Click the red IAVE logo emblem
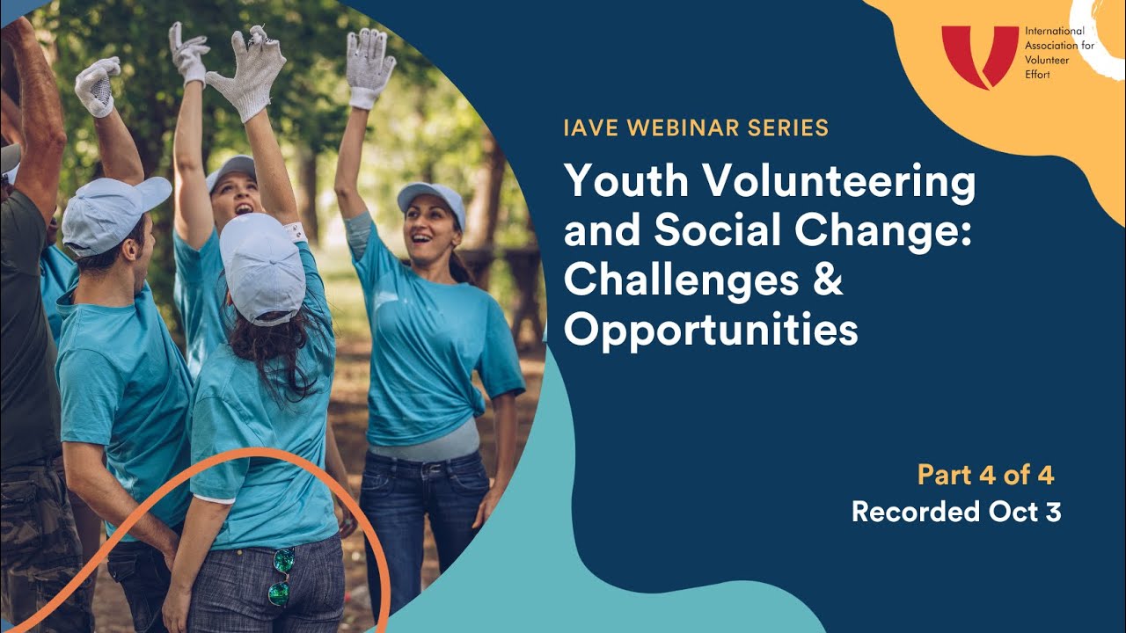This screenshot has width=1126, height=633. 979,55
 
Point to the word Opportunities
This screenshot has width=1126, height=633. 711,331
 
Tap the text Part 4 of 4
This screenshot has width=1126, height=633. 985,476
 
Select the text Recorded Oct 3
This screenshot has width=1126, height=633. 956,512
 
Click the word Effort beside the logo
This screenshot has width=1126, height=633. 1039,75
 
